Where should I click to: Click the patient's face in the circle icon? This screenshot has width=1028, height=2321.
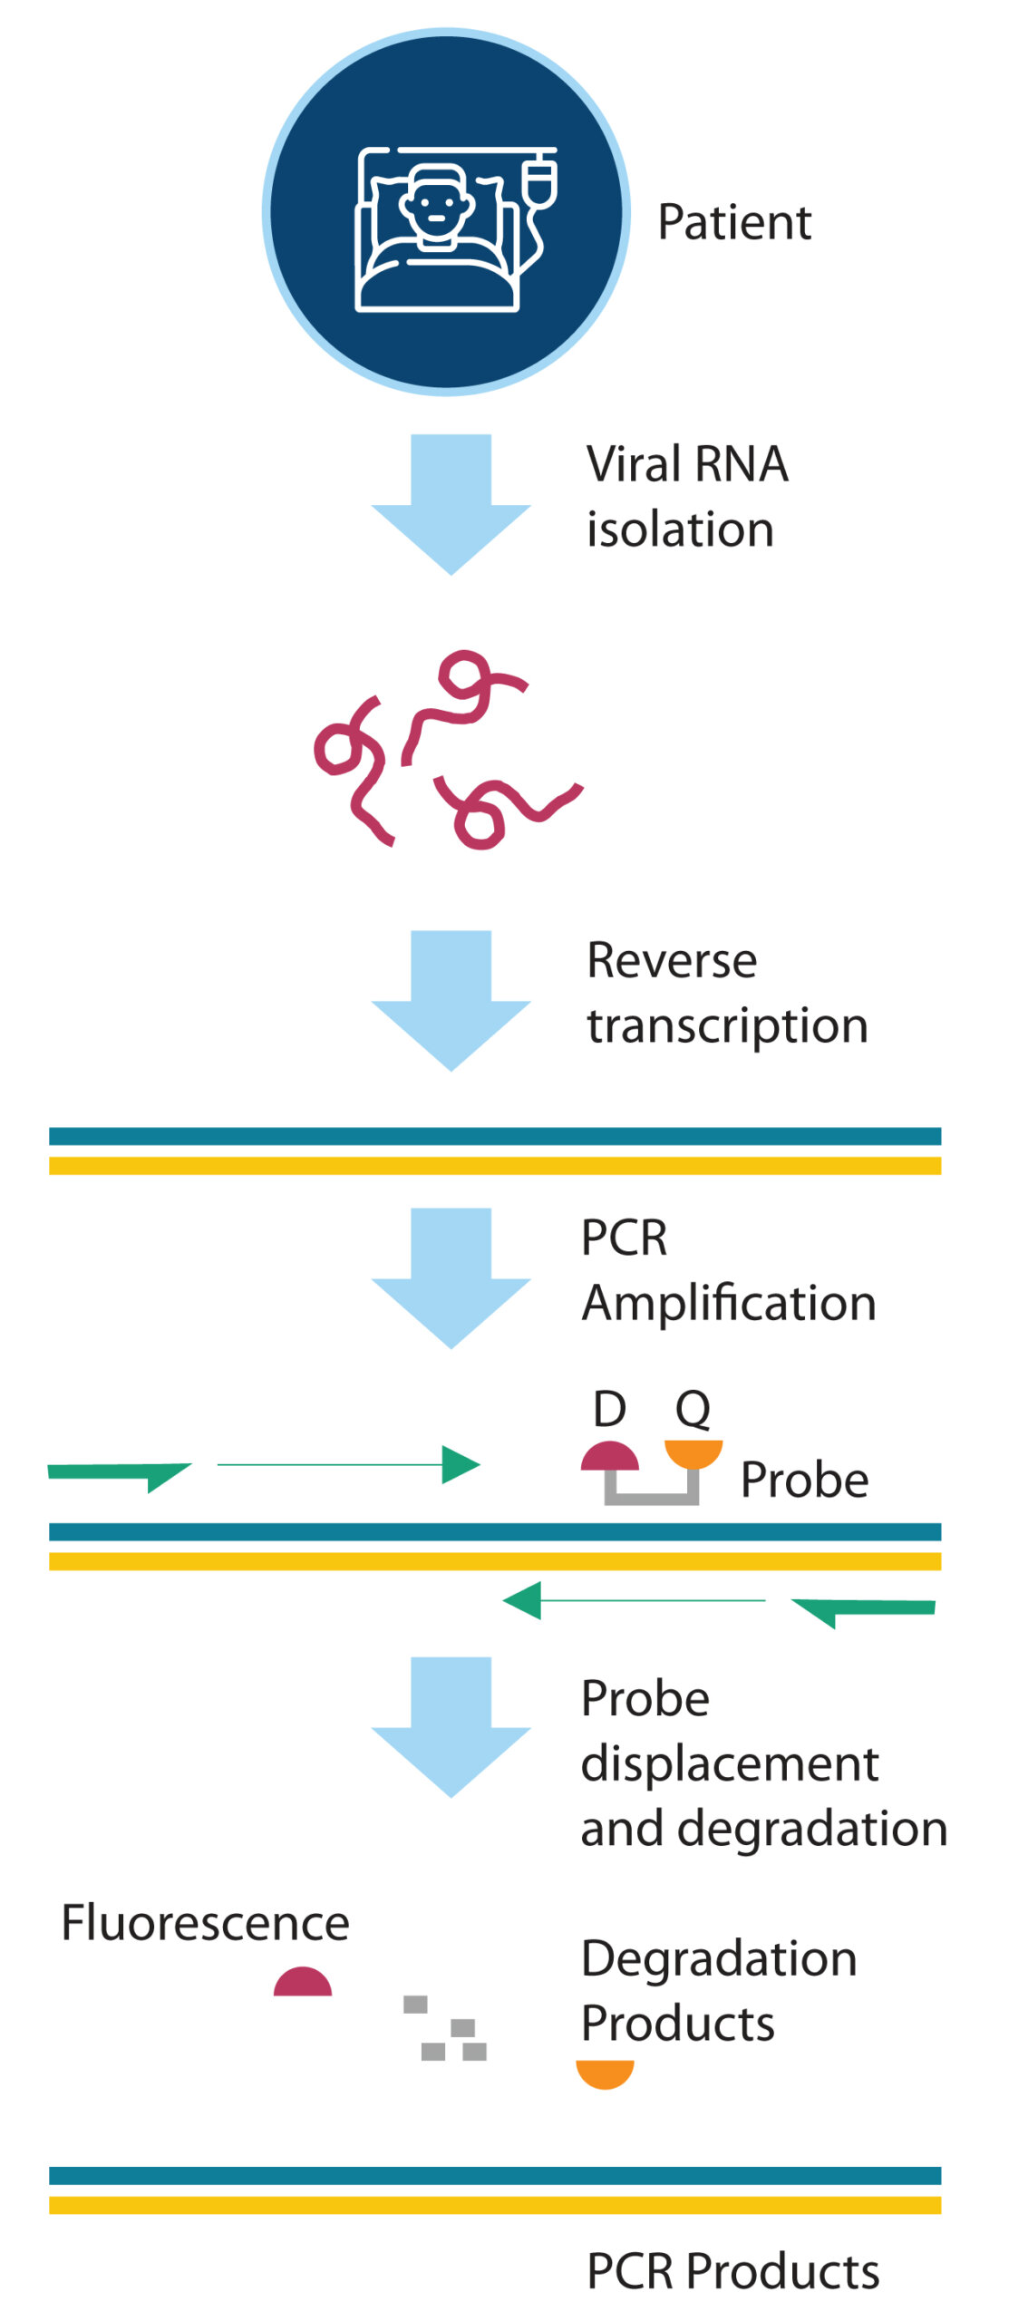click(x=436, y=205)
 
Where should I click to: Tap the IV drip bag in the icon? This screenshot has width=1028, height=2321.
click(x=541, y=178)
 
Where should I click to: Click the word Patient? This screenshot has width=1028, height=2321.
click(x=733, y=222)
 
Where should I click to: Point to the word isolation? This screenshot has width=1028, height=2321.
click(x=680, y=529)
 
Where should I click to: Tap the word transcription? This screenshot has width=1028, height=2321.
click(x=727, y=1026)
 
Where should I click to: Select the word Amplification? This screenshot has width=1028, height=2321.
click(x=729, y=1304)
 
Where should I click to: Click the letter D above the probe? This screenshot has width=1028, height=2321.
click(x=609, y=1410)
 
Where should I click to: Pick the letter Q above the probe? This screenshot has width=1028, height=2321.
click(x=693, y=1410)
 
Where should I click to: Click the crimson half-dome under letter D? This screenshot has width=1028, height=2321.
click(x=610, y=1456)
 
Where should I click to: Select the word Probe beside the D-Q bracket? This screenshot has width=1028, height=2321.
click(x=804, y=1480)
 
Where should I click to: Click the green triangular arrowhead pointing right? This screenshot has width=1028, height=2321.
click(x=459, y=1464)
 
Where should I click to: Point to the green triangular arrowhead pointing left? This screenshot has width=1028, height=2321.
click(x=523, y=1600)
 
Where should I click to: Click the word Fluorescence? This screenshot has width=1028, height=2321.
click(x=205, y=1923)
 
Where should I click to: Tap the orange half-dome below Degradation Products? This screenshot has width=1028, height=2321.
click(x=605, y=2073)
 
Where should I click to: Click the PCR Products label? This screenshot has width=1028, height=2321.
click(x=732, y=2271)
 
